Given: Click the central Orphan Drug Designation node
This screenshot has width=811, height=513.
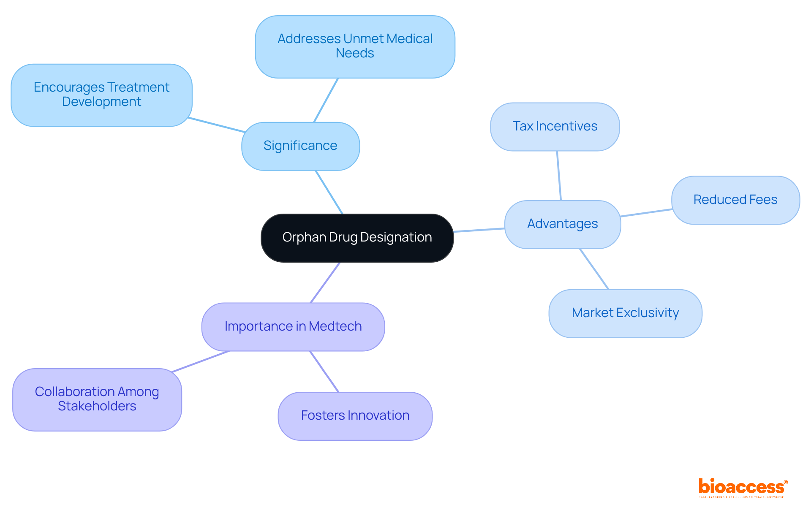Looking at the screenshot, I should click(x=357, y=238).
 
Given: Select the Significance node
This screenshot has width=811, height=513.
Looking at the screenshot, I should click(x=300, y=146).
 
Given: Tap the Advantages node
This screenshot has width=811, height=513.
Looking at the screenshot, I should click(x=562, y=224).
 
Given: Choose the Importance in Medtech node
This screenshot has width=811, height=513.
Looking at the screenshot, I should click(x=293, y=326).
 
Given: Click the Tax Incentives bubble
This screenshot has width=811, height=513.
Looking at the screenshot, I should click(x=555, y=127).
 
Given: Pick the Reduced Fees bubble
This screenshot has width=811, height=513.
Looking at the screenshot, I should click(x=735, y=200).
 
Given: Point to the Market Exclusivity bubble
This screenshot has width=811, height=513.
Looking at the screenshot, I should click(x=625, y=313).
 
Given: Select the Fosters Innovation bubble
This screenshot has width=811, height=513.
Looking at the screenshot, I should click(x=355, y=416).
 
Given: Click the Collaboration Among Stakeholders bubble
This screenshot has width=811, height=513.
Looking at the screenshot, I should click(x=97, y=399).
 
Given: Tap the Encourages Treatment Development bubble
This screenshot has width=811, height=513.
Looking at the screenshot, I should click(x=101, y=95).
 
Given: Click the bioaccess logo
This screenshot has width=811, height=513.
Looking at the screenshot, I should click(x=743, y=487).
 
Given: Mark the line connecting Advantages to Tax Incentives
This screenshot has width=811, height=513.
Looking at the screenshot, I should click(x=559, y=176).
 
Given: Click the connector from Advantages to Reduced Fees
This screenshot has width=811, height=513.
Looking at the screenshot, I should click(x=646, y=213).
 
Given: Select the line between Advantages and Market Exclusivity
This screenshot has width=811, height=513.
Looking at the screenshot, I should click(x=594, y=269).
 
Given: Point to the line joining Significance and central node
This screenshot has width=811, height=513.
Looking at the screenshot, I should click(x=329, y=192).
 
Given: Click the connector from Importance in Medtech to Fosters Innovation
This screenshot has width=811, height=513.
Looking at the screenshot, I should click(x=324, y=372).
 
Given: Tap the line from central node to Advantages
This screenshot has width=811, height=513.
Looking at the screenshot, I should click(x=479, y=230).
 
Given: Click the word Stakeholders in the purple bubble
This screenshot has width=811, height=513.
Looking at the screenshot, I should click(x=97, y=406).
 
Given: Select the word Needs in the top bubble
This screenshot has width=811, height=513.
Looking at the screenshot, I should click(x=355, y=53).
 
